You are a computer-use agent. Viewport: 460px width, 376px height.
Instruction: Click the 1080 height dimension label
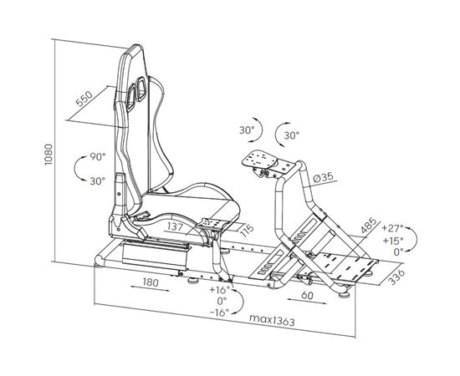[49, 154]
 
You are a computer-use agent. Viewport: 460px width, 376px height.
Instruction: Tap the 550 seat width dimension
[84, 98]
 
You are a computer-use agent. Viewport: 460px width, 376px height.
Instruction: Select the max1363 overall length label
[272, 320]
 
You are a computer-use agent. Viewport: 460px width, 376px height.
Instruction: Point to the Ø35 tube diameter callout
[323, 177]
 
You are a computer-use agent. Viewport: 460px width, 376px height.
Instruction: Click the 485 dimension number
[369, 225]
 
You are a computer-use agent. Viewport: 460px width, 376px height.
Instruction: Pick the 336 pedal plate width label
[396, 277]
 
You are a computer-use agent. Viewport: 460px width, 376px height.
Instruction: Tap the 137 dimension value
[175, 226]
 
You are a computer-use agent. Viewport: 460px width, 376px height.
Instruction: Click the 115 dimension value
[247, 231]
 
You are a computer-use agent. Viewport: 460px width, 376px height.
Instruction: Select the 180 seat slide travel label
[151, 282]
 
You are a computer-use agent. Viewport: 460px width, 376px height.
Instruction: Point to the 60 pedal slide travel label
[307, 296]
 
